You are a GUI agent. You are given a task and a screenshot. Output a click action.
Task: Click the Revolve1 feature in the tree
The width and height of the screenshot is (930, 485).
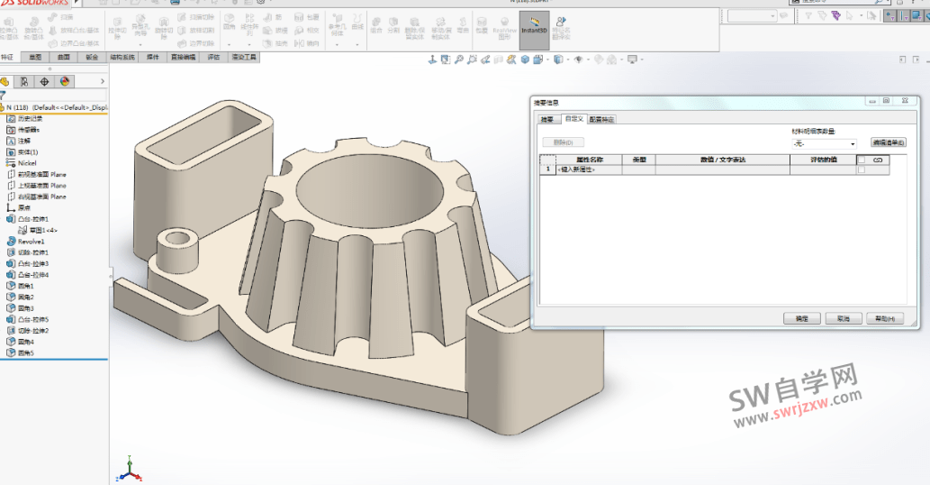click(x=31, y=242)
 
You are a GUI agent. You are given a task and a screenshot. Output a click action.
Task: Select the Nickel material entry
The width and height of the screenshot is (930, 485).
click(x=27, y=163)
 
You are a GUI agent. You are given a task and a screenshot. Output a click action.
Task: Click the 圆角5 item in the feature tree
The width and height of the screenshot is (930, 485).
click(x=26, y=353)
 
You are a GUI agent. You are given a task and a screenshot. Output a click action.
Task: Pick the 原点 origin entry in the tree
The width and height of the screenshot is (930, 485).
click(x=24, y=207)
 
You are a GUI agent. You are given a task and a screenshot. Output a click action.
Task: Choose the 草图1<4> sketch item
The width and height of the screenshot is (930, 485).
click(x=43, y=230)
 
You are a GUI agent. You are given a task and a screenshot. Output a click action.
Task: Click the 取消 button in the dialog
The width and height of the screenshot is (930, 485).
click(x=843, y=319)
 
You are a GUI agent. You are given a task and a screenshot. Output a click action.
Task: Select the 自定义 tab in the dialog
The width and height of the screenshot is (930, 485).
click(x=573, y=119)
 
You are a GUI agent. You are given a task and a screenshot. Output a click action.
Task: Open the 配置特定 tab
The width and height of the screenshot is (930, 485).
click(x=602, y=119)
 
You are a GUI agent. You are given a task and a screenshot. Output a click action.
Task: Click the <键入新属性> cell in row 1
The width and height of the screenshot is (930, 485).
click(x=578, y=169)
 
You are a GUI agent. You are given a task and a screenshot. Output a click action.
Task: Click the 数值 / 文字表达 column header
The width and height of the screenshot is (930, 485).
click(x=722, y=160)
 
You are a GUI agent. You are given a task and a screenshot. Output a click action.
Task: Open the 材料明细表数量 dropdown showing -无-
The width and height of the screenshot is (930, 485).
click(x=825, y=143)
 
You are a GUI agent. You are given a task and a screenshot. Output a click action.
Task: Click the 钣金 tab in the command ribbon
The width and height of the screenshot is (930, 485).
click(x=93, y=57)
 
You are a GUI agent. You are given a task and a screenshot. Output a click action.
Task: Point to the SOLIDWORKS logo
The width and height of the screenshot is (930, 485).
click(x=33, y=3)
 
